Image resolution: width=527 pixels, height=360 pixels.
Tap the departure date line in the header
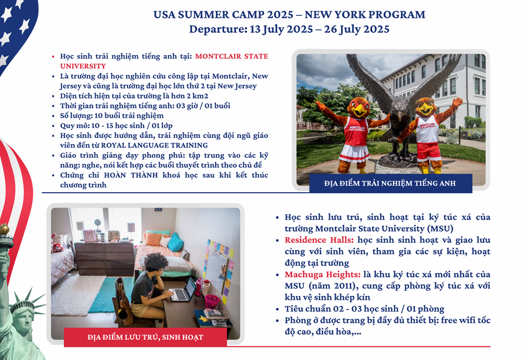(289, 29)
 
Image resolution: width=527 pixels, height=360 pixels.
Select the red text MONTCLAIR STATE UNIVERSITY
(164, 61)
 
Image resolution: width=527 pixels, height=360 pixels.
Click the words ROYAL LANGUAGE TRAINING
(154, 145)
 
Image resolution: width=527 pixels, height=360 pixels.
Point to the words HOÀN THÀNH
(131, 175)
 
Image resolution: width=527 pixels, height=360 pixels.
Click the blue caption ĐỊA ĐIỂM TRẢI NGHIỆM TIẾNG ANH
(390, 183)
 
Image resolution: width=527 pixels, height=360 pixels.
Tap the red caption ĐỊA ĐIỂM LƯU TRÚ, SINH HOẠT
(145, 337)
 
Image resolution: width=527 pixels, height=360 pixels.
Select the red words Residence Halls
(319, 240)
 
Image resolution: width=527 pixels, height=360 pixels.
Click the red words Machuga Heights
(323, 275)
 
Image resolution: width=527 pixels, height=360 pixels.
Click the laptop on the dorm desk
(183, 290)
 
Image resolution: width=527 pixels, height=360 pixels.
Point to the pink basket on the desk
(212, 301)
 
